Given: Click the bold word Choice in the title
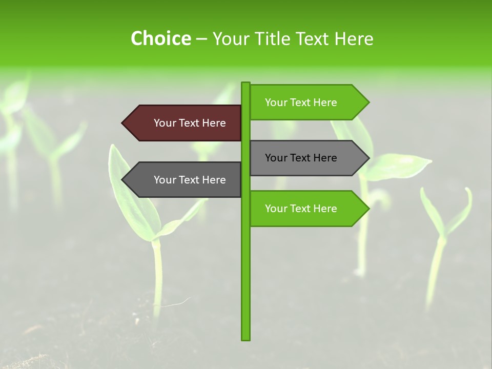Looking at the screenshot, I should pos(160,38).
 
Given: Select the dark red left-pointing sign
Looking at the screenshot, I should pos(184,123).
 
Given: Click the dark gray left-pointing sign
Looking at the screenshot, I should pos(184,180).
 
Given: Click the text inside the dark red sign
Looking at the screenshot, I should pos(190,123).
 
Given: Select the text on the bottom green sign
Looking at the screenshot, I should pos(301,209).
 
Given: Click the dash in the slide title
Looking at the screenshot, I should pos(201,39).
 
